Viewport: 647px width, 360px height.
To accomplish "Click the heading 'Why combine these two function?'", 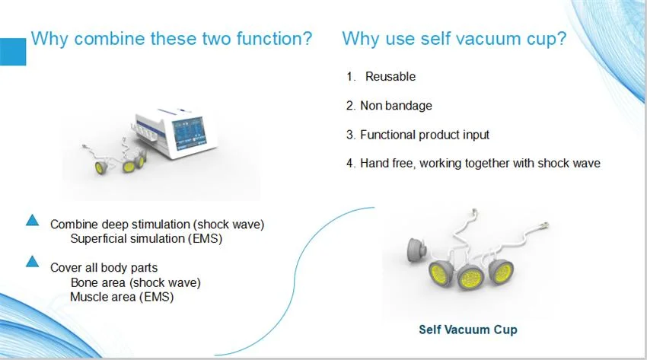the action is pos(171,39).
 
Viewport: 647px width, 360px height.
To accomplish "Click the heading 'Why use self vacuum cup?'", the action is pos(454,39).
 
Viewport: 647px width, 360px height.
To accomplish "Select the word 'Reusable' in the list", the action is pos(390,76).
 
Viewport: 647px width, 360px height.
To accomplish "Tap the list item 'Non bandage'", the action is pos(396,106).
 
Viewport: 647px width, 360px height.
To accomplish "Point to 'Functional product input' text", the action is pos(425,135).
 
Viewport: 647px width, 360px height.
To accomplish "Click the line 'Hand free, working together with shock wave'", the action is pos(480,164).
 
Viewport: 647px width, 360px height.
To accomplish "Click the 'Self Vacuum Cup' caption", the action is pos(468,330).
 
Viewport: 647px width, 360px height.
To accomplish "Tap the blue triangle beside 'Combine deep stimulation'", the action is pos(32,221).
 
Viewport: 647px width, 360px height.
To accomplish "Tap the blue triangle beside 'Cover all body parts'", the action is pos(32,262).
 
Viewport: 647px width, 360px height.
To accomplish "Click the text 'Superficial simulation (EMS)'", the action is pos(146,239).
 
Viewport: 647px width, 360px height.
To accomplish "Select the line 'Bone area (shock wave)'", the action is pos(135,282).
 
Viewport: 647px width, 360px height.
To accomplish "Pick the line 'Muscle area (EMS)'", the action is pos(122,297).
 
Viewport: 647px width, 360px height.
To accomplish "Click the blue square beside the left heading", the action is pos(13,52).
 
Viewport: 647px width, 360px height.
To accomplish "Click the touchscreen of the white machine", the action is pos(189,132).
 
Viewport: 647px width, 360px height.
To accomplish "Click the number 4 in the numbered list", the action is pos(350,164).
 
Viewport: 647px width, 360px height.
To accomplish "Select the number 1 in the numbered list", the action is pos(350,76).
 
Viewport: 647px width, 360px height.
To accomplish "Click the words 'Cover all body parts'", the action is pos(104,268).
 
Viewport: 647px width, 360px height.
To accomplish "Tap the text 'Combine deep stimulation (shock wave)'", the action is pos(158,225).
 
